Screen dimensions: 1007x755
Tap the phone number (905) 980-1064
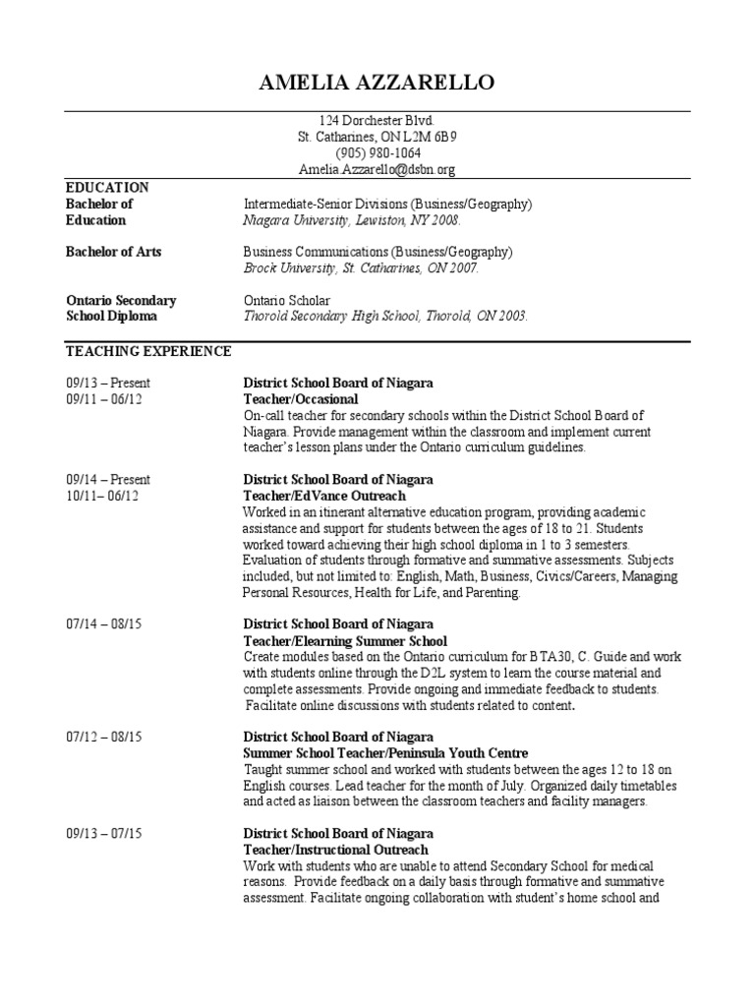coord(377,153)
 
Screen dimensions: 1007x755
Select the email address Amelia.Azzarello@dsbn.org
coord(377,169)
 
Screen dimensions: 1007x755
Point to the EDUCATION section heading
coord(107,187)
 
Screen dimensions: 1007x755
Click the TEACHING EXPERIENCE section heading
coord(148,350)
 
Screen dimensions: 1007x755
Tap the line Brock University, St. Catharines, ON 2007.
coord(361,267)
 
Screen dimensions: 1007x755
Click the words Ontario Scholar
coord(287,300)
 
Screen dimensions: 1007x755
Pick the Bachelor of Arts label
coord(113,252)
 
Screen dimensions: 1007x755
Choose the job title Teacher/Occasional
coord(301,399)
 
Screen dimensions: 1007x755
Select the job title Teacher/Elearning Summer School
coord(345,641)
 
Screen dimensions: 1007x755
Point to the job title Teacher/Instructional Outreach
coord(335,849)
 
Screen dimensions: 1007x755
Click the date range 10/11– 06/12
coord(103,496)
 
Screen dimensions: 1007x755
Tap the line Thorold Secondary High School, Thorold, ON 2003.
coord(385,317)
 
